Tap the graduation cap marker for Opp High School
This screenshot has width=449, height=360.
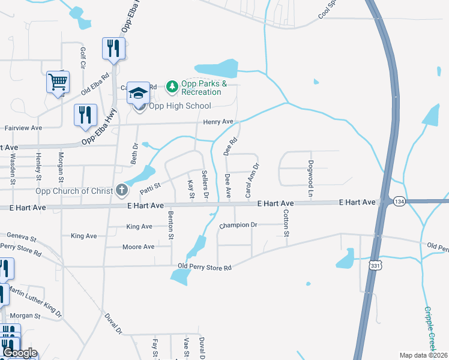(x=139, y=94)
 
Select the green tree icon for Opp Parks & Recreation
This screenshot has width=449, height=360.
(x=173, y=87)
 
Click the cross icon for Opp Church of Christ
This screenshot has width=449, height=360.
(x=122, y=190)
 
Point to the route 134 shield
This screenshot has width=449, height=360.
(x=399, y=202)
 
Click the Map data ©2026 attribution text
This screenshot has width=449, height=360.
(x=423, y=355)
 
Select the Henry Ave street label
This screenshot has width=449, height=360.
(x=218, y=122)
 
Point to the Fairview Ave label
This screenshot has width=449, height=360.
(x=23, y=128)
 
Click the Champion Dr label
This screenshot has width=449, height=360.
(x=238, y=226)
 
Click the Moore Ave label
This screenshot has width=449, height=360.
(x=138, y=247)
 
